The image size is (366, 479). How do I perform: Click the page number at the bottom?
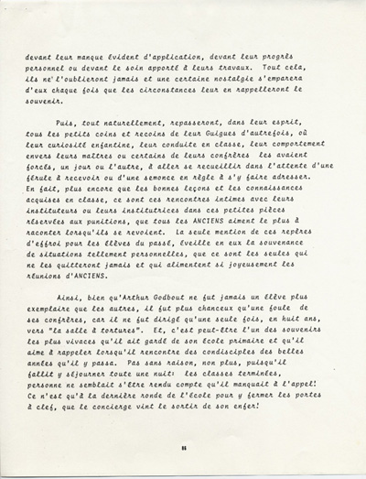183,446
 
